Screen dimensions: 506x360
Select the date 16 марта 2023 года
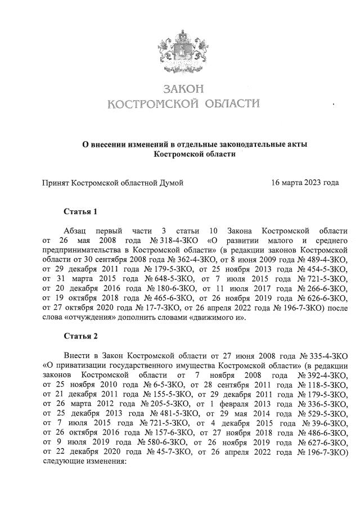tap(304, 183)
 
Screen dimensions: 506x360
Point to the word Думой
tap(170, 183)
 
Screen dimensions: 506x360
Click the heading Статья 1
tap(81, 212)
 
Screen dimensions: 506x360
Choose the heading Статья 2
tap(81, 337)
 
